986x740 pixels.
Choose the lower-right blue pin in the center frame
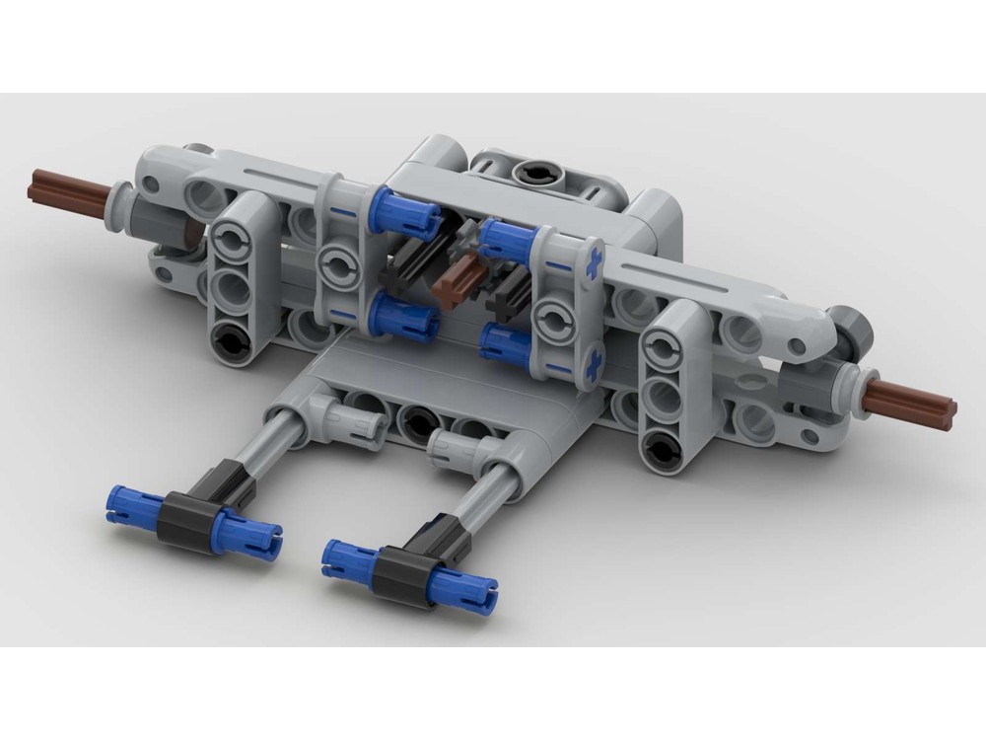pyautogui.click(x=508, y=345)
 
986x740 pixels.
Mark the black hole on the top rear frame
pyautogui.click(x=535, y=174)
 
